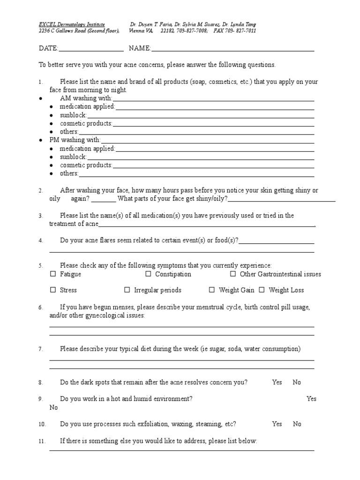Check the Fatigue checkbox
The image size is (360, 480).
tap(53, 274)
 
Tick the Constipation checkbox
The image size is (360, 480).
tap(148, 274)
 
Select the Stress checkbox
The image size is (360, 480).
tap(53, 290)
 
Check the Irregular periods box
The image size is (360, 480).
tap(127, 290)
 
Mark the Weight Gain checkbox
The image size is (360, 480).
tap(212, 290)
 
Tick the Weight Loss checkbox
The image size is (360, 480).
tap(262, 290)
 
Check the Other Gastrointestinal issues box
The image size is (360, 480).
tap(233, 274)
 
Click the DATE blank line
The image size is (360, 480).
tap(91, 48)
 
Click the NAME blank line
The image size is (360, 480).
tap(232, 48)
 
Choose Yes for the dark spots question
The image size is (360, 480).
tap(277, 382)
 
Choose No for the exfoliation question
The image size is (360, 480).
tap(297, 424)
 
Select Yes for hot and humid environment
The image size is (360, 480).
tap(311, 398)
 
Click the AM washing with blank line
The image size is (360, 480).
tap(213, 98)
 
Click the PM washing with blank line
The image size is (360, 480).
tap(207, 140)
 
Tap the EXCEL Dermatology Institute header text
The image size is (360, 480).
tap(72, 24)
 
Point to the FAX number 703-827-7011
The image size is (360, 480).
tap(242, 31)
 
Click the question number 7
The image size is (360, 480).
tap(41, 349)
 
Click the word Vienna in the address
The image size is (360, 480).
tap(142, 31)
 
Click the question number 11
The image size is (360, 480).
tap(42, 442)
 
